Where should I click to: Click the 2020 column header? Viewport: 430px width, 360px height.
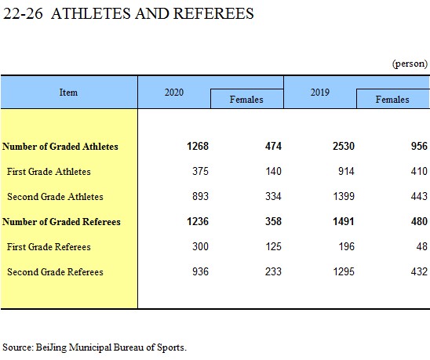(174, 93)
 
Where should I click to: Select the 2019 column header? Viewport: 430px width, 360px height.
(320, 93)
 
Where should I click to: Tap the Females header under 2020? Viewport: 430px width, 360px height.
(246, 100)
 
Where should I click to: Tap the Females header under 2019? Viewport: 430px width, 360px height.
(392, 100)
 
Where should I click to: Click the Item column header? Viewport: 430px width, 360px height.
(68, 93)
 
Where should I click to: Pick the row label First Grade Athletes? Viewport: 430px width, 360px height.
(49, 172)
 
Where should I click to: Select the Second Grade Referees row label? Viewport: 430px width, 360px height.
(55, 272)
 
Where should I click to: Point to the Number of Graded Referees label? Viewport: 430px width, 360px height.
(61, 221)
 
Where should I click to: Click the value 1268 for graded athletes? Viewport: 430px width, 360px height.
(198, 146)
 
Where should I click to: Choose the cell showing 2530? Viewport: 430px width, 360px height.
(344, 146)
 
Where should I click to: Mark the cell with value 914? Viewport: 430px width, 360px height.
(346, 171)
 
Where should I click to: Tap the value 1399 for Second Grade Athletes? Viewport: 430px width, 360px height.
(344, 196)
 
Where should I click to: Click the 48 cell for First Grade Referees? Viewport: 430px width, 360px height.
(422, 246)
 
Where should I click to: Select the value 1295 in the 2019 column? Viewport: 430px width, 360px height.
(344, 271)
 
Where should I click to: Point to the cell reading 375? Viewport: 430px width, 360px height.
(200, 171)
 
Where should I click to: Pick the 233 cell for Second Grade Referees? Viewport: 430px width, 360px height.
(273, 271)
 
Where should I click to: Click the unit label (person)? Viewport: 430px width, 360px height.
(410, 64)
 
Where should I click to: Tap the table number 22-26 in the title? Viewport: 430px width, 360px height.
(23, 13)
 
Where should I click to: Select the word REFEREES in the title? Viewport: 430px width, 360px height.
(213, 13)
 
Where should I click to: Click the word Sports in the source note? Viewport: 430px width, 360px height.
(171, 347)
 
